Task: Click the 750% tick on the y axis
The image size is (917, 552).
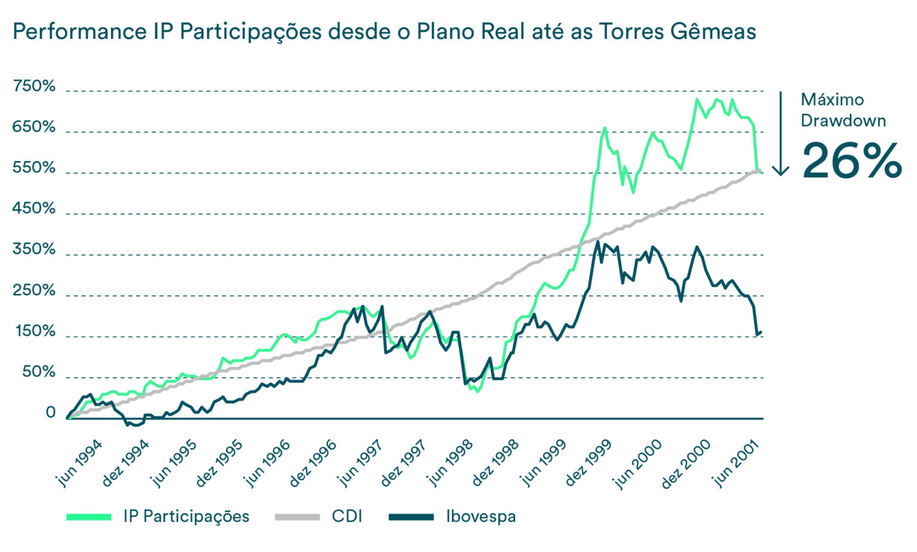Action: [x=34, y=87]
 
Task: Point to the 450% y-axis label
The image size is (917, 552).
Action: [x=34, y=209]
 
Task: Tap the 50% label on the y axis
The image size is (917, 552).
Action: [x=39, y=372]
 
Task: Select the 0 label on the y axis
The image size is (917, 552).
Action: [x=51, y=413]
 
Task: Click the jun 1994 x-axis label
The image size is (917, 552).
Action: [x=79, y=463]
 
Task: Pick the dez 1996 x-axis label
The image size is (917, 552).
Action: [x=313, y=463]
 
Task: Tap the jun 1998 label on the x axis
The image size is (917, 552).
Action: [x=451, y=463]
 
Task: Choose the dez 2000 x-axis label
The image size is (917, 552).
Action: [x=686, y=463]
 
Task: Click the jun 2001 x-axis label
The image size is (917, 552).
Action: [x=736, y=463]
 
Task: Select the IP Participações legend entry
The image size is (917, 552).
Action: [x=186, y=517]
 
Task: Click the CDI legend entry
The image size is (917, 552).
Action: [x=347, y=517]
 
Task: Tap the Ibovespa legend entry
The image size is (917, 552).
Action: [x=481, y=517]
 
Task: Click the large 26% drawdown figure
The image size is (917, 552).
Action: [x=851, y=161]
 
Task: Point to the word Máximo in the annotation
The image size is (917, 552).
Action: [x=832, y=100]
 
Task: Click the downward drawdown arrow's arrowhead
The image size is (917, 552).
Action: [x=780, y=171]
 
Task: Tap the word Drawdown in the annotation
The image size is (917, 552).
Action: [x=843, y=121]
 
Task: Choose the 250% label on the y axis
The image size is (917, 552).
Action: [x=34, y=291]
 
